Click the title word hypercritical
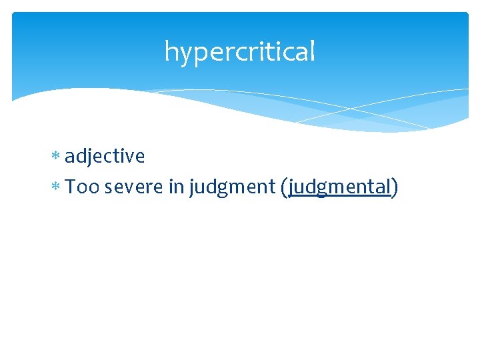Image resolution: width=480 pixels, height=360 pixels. coord(239,51)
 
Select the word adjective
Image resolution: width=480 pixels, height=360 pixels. coord(105,156)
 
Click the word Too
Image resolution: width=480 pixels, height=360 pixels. coord(82,187)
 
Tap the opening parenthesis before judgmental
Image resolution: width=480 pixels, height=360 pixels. coord(285,188)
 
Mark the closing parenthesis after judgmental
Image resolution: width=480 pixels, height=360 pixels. coord(395,188)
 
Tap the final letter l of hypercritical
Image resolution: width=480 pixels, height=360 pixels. coord(312,51)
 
